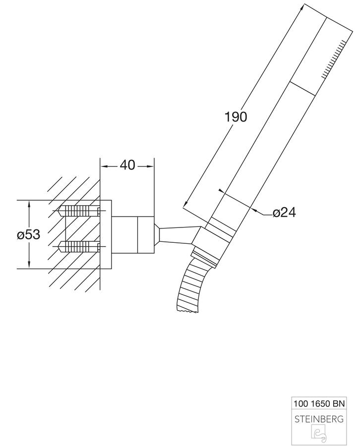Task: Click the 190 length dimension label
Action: (236, 117)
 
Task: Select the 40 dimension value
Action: (127, 165)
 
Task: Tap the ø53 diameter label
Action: (28, 235)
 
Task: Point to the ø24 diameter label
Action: (284, 213)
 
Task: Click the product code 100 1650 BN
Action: (319, 403)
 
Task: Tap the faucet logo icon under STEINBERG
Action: (319, 434)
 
